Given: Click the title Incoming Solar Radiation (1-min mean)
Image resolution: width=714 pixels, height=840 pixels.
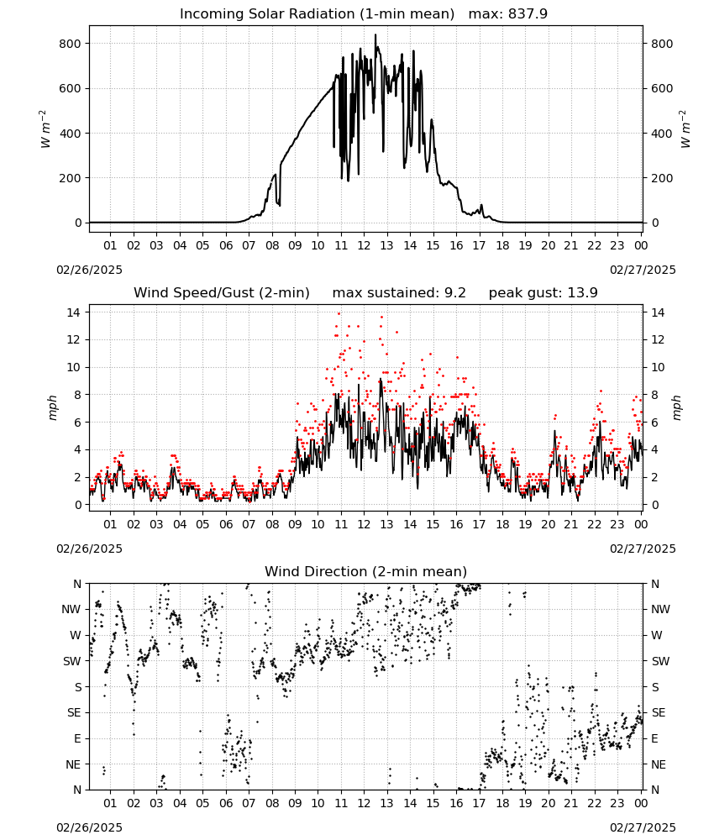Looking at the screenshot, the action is (x=317, y=14).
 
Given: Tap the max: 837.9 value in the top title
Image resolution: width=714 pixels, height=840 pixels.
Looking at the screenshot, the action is (x=508, y=14).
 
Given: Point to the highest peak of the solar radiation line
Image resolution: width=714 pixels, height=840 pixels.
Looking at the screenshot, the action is (x=375, y=35).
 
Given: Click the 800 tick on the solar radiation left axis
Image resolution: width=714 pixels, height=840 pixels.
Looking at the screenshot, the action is (x=71, y=44).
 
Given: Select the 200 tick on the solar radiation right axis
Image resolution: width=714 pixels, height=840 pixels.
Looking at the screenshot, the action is (x=662, y=178).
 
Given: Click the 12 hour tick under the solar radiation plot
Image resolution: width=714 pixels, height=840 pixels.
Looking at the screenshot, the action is (x=364, y=245).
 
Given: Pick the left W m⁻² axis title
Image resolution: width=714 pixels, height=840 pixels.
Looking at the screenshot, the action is (x=45, y=129).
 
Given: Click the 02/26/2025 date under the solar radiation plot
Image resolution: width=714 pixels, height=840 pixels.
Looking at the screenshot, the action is (x=89, y=270).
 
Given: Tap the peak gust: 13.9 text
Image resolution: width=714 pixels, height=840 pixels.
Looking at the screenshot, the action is (x=543, y=293).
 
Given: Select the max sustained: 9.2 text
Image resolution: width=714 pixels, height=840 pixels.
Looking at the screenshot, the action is (x=399, y=293).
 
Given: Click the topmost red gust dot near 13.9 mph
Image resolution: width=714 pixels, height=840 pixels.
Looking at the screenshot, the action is (x=339, y=313).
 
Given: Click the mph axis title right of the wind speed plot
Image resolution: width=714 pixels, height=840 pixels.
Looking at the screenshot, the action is (x=676, y=408).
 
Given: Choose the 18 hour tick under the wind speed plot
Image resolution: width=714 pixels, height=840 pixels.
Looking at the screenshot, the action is (x=501, y=524).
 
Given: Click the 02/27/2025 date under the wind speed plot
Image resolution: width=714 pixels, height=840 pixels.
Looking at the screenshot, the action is (x=643, y=549).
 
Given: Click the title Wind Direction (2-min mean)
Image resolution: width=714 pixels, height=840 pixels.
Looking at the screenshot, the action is (x=366, y=571).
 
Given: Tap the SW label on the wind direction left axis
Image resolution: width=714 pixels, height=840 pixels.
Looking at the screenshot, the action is (x=72, y=662).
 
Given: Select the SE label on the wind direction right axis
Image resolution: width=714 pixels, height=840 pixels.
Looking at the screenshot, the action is (x=659, y=713).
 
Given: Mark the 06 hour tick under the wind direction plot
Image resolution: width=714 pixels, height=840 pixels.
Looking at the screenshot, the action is (x=225, y=803).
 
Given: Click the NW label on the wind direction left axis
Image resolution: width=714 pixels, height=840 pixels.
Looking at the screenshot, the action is (x=71, y=610).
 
